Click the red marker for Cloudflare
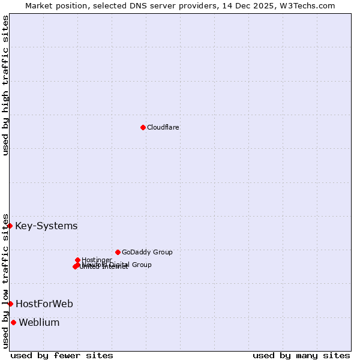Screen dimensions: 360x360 click(143, 127)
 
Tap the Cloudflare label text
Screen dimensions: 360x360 click(163, 127)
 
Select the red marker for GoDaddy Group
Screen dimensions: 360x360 click(118, 252)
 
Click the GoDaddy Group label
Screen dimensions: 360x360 click(147, 252)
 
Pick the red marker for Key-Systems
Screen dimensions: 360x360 click(10, 226)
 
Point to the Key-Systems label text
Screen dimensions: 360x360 click(46, 226)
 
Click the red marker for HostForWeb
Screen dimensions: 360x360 click(10, 304)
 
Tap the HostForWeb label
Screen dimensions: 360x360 click(44, 304)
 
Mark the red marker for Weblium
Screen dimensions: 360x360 click(13, 322)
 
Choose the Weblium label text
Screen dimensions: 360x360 click(39, 323)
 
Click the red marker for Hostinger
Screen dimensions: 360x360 click(77, 260)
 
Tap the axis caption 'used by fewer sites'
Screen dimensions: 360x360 click(62, 355)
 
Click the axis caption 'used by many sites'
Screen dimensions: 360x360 click(301, 355)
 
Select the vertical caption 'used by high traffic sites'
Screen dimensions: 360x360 click(5, 85)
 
